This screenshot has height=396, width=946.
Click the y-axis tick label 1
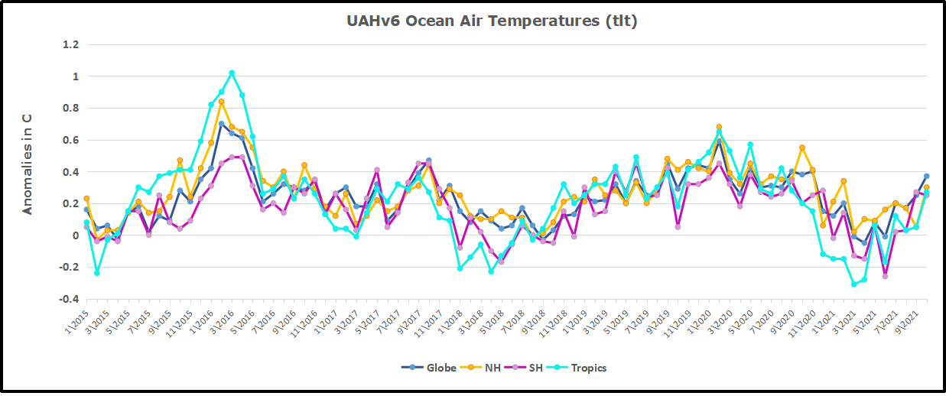coord(74,76)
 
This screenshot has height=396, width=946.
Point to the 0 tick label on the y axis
coord(74,235)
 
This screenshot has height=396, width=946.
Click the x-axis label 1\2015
coord(76,320)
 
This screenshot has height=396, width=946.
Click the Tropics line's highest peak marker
coord(232,73)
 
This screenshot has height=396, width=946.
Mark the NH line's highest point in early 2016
coord(221,102)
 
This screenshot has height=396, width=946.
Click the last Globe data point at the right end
coord(926,177)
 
